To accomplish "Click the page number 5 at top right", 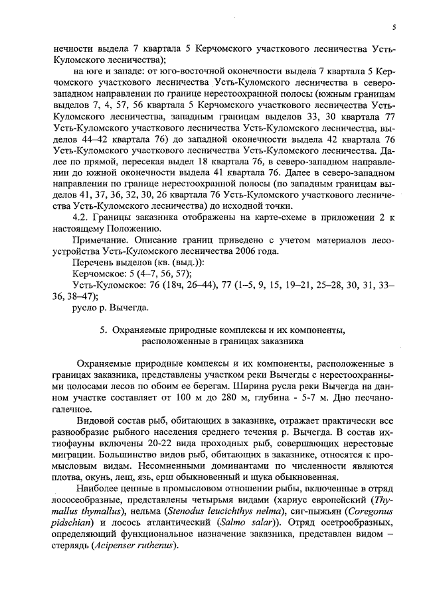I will pyautogui.click(x=394, y=27).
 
